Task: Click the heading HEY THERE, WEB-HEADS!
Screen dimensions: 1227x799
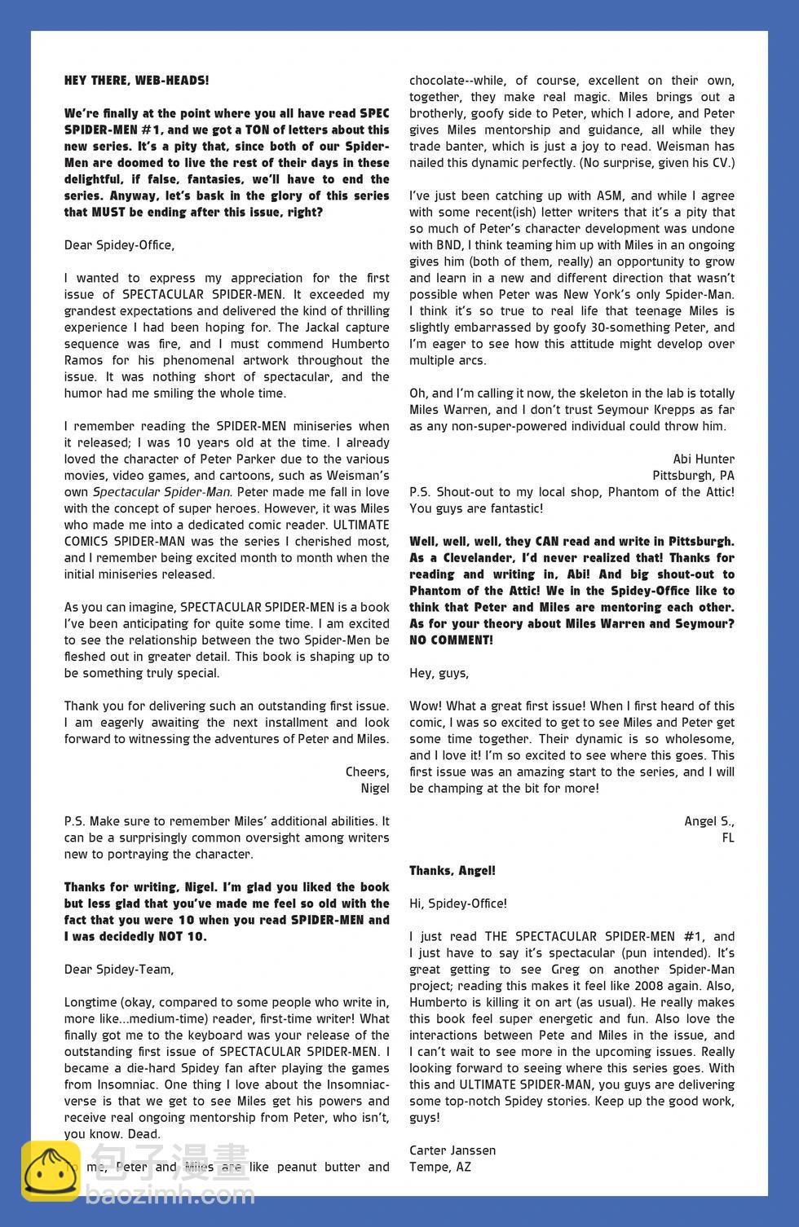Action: point(136,81)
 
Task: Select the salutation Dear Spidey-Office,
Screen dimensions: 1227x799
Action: point(119,244)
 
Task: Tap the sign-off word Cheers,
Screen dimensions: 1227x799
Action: point(367,772)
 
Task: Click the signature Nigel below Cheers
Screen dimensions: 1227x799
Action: point(375,788)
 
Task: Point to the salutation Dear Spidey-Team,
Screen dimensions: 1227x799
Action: point(119,969)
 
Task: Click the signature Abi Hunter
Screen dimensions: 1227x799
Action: point(704,459)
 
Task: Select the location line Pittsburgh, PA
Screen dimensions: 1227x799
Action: point(693,475)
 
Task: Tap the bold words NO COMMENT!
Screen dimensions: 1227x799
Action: point(451,640)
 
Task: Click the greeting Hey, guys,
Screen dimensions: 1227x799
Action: point(439,673)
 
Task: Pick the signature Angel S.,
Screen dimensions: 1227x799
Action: point(709,820)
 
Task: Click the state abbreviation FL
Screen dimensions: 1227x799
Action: point(727,838)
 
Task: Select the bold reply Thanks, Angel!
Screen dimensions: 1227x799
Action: point(452,870)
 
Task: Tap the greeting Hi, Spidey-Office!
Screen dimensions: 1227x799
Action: point(457,904)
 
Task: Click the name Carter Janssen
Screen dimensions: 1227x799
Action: point(452,1150)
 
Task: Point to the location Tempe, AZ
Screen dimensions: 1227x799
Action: point(440,1167)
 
